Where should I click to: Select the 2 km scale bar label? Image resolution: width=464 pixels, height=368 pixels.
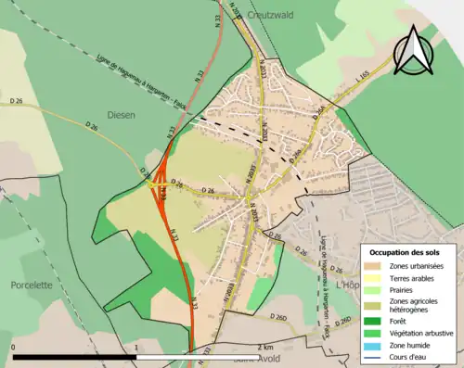(x=267, y=344)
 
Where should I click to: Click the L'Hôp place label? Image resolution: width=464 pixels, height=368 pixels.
(x=348, y=285)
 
